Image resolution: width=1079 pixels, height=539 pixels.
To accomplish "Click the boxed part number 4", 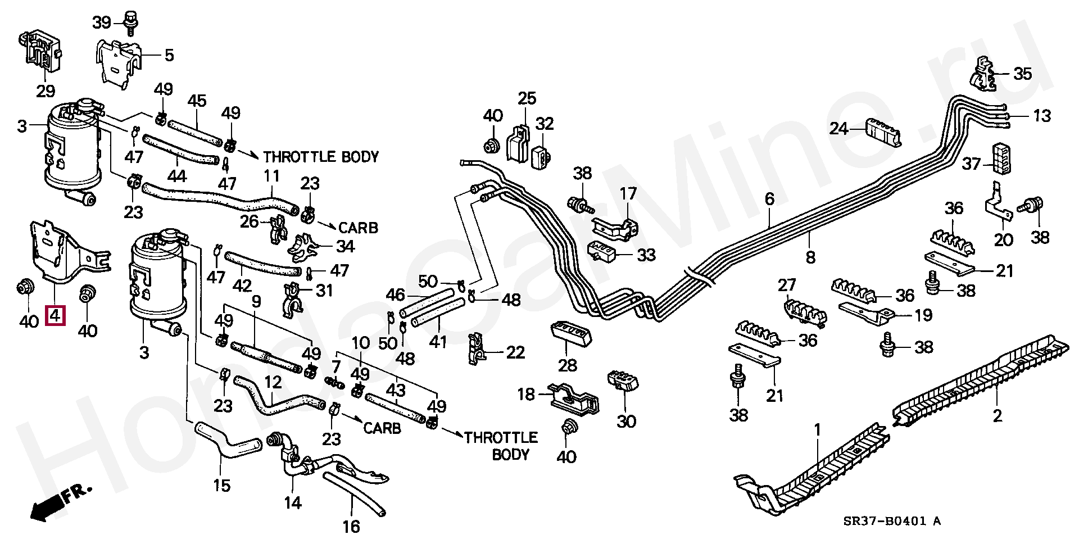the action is point(56,316).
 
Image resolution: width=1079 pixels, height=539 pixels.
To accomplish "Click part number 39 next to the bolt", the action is point(102,23).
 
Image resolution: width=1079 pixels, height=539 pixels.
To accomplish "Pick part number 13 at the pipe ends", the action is point(1041,116).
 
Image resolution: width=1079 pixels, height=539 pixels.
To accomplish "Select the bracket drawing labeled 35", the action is point(983,73).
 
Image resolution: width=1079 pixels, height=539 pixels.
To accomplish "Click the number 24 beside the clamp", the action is point(839,129).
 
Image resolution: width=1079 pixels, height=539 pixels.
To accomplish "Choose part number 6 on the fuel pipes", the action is point(769,198).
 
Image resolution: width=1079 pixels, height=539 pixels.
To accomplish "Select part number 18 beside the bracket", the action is point(527,395).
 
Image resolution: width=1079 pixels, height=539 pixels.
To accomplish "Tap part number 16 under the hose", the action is point(351,526).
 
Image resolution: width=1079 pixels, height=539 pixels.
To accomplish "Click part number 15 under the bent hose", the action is point(222,484).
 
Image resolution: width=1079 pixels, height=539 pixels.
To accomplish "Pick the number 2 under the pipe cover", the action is point(997,416).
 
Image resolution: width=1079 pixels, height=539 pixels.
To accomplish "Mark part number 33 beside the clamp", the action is point(647,255).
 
